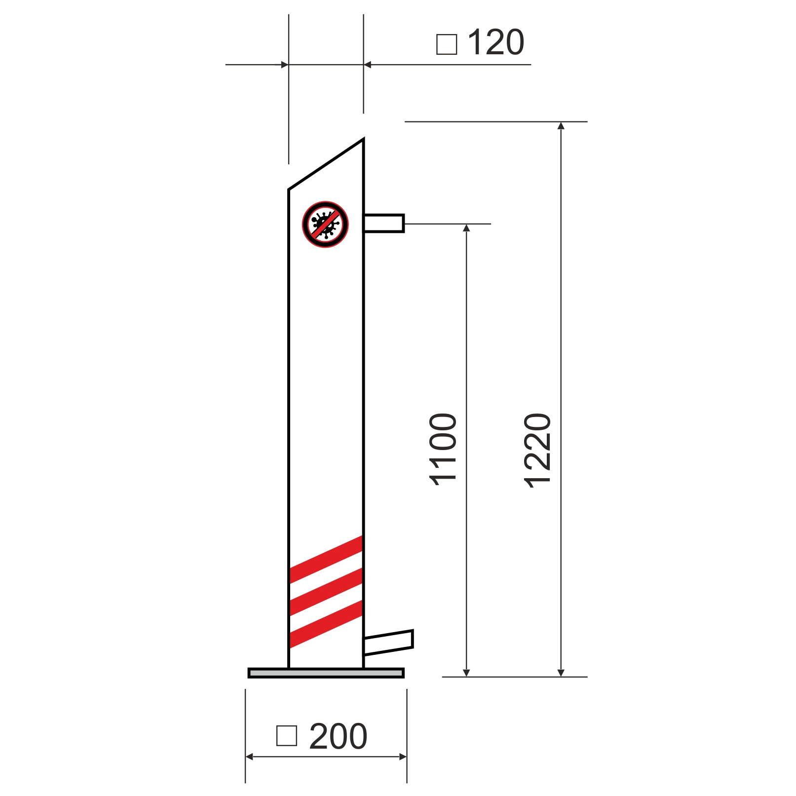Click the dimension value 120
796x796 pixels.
coord(495,42)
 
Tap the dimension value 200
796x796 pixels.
coord(338,736)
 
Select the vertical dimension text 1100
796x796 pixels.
coord(443,450)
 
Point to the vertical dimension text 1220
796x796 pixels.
coord(537,451)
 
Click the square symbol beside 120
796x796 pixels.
coord(447,44)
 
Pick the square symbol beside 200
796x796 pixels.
coord(287,735)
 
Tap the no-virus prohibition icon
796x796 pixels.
coord(326,224)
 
